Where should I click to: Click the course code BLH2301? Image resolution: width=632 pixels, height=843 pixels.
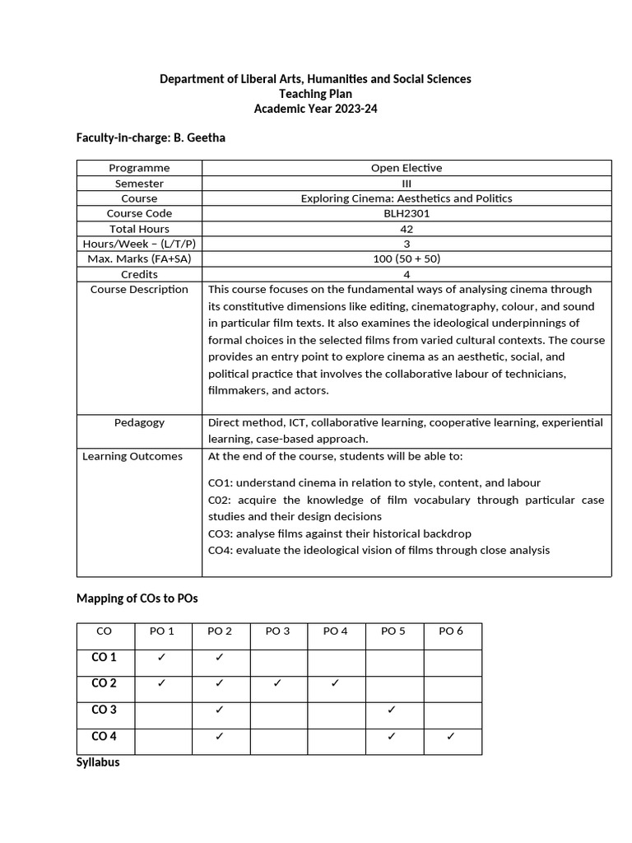pos(406,213)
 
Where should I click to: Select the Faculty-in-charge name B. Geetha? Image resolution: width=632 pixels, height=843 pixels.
pos(200,137)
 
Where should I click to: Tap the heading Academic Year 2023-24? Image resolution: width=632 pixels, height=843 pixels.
pos(315,109)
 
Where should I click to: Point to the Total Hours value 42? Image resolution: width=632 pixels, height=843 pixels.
pos(406,229)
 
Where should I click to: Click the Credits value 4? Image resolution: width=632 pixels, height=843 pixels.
pos(406,274)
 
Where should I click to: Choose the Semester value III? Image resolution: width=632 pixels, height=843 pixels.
pos(406,184)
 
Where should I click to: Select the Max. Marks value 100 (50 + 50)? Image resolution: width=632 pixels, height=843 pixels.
pos(406,259)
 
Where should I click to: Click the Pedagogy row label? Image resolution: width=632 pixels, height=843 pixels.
pos(139,422)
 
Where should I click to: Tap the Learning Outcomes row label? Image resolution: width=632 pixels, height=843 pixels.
pos(132,456)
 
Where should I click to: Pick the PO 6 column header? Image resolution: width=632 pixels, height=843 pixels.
pos(451,631)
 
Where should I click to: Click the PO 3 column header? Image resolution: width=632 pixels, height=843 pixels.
pos(277,631)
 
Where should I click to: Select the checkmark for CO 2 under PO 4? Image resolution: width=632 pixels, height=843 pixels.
pos(335,683)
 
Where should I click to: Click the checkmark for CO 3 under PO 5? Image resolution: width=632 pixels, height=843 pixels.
pos(393,710)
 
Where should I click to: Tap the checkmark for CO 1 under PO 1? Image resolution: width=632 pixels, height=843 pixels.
pos(161,658)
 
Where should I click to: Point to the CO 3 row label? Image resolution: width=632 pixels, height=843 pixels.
pos(105,710)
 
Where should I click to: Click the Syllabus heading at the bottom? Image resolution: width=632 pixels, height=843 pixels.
pos(98,762)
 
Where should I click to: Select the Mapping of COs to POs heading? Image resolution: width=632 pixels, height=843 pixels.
pos(137,598)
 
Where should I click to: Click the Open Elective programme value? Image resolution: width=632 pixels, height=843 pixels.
pos(406,168)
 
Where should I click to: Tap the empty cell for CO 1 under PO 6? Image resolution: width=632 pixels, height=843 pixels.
pos(453,658)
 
